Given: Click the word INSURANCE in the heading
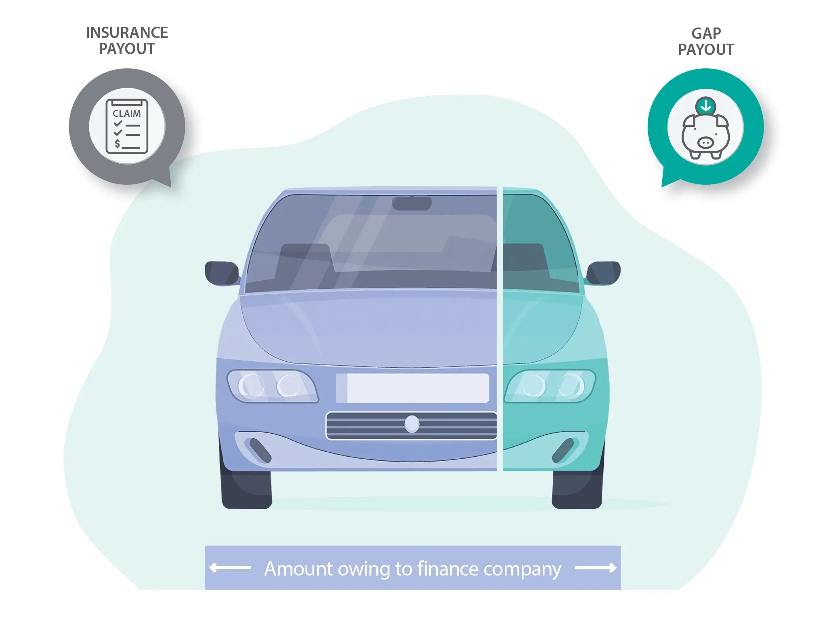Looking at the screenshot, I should [127, 33].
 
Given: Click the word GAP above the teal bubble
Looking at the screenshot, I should [706, 33].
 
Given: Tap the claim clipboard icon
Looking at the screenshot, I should [127, 126].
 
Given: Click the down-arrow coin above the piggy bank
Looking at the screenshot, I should [706, 106].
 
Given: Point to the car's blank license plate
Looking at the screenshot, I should [413, 388].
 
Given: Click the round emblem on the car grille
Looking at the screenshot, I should [412, 424].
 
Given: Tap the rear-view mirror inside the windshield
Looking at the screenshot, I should [411, 203].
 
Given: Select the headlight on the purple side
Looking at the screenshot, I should [271, 386].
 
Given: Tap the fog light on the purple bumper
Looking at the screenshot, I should [260, 450].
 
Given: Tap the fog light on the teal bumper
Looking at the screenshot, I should [563, 450].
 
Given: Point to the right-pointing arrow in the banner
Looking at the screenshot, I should [595, 568].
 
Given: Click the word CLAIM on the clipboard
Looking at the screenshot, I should [127, 114].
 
